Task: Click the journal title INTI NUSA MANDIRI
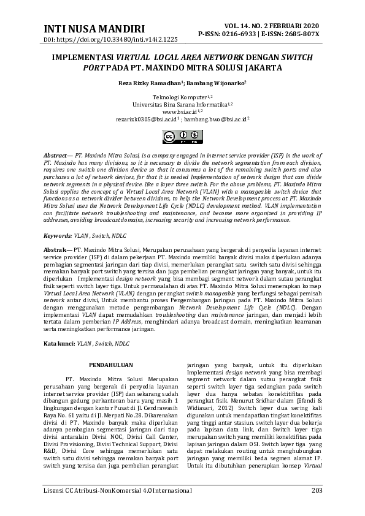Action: coord(94,28)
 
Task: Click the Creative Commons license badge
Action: coord(182,135)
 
